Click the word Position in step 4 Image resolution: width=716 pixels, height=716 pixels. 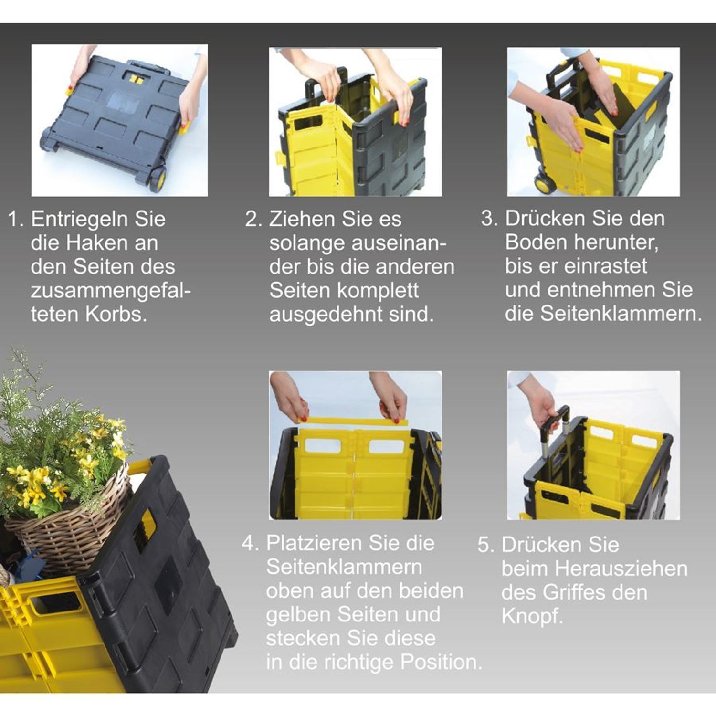click(441, 663)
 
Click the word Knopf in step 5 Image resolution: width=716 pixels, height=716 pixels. click(532, 617)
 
